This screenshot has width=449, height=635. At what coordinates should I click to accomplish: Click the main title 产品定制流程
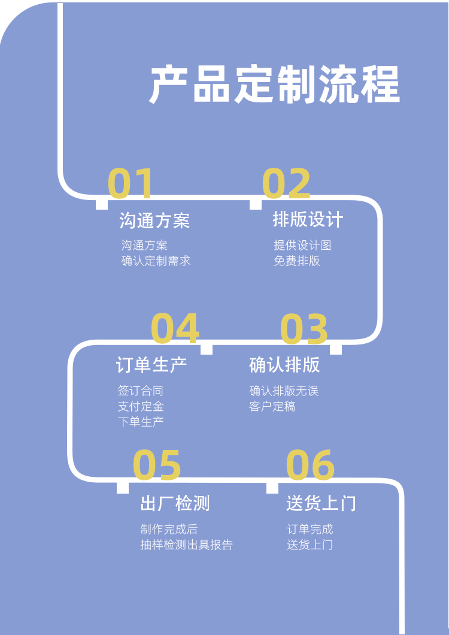[274, 85]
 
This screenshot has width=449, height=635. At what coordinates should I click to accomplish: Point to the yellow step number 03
[304, 329]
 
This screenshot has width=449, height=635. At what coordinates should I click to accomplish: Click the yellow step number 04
[174, 329]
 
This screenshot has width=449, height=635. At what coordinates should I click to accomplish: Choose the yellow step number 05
[157, 465]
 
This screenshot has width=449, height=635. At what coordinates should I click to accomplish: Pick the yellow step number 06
[310, 465]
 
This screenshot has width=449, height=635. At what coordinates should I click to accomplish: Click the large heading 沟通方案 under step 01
[154, 220]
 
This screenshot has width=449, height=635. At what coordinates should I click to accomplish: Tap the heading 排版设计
[308, 220]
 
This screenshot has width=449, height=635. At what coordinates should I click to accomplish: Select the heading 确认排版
[284, 365]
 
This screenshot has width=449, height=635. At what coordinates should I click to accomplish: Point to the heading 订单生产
[151, 365]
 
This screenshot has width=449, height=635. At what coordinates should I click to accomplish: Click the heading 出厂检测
[175, 503]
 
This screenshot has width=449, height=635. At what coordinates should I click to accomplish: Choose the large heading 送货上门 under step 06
[321, 503]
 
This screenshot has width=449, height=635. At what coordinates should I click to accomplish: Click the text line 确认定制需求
[156, 261]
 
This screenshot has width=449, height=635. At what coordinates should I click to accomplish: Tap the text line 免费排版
[297, 261]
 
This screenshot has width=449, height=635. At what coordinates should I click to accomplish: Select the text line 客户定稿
[272, 406]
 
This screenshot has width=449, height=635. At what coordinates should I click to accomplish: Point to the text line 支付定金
[141, 406]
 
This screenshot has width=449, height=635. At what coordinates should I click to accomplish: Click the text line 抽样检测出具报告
[186, 545]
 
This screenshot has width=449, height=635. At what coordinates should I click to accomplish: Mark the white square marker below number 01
[102, 204]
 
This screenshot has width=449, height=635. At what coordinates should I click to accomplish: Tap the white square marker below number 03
[336, 349]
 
